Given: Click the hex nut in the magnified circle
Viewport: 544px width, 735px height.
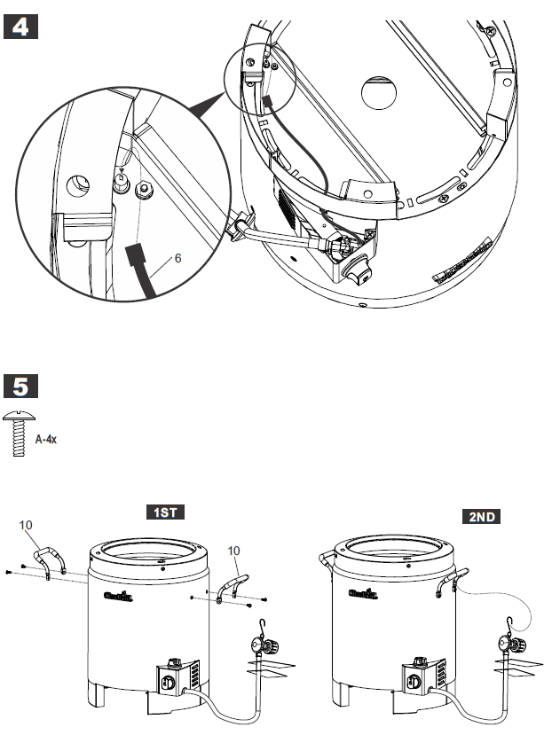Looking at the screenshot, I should (x=141, y=188).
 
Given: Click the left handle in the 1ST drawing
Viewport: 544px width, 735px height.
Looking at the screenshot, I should (x=51, y=561).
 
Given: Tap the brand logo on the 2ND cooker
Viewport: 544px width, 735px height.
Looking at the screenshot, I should (x=360, y=595).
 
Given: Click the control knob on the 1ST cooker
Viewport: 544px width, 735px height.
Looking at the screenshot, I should (x=168, y=683).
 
